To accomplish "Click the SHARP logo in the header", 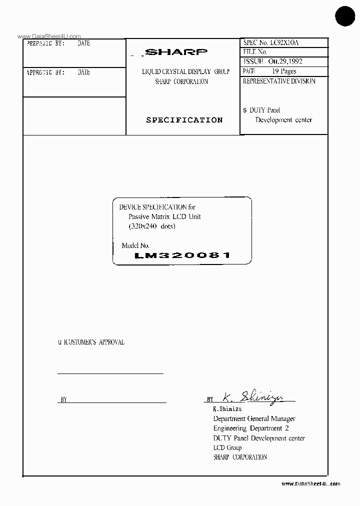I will (175, 51).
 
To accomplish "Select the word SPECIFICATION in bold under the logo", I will (184, 120).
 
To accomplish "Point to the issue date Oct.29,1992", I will (285, 61).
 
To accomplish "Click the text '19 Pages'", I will (284, 71).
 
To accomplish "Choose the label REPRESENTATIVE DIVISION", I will (279, 81).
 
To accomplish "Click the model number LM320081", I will (182, 255).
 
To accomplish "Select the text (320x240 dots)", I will (152, 226).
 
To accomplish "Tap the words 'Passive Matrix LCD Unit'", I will (164, 216).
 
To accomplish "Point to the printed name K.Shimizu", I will (227, 409).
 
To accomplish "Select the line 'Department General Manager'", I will (254, 418).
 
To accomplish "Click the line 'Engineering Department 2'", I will (251, 428).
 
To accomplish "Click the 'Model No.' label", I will (135, 245).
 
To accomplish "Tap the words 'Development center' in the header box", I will (283, 120).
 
